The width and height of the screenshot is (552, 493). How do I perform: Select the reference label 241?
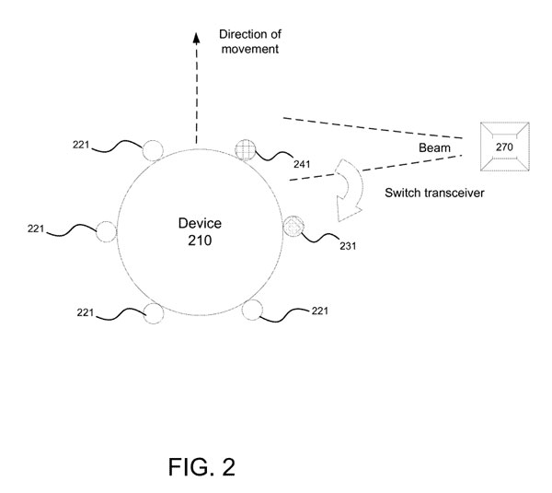[302, 165]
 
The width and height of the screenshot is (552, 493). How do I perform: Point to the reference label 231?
[348, 247]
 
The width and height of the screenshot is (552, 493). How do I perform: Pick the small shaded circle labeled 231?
[293, 225]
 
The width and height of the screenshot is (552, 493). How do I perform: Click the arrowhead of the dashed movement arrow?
[196, 38]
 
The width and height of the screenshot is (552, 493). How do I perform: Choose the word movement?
[248, 49]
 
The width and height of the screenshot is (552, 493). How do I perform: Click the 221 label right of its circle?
[320, 310]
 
